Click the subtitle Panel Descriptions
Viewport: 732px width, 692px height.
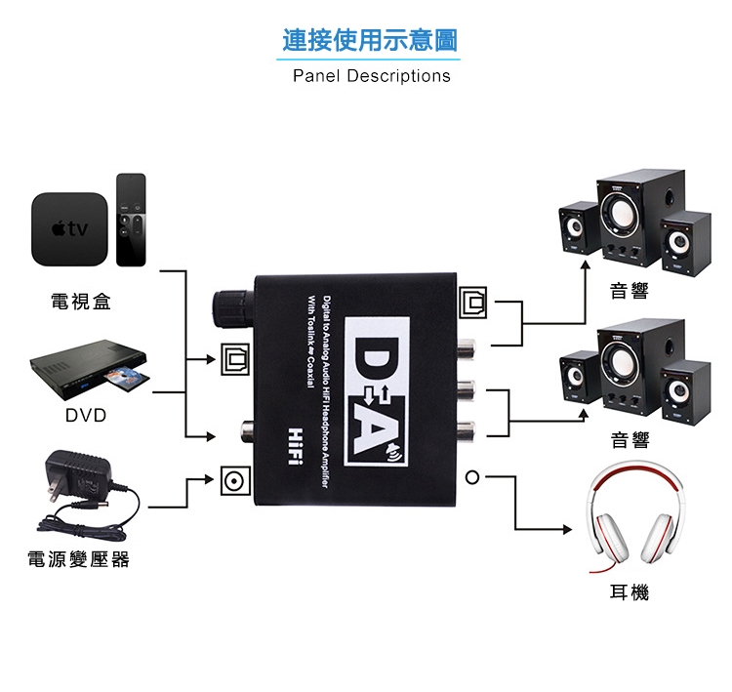click(x=372, y=75)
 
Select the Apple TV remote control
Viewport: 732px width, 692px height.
click(x=130, y=220)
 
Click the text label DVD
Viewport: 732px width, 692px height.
click(x=86, y=416)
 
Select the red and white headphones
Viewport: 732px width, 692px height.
click(x=631, y=523)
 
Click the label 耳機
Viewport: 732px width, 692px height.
click(x=629, y=592)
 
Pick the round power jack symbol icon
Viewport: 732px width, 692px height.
click(x=233, y=479)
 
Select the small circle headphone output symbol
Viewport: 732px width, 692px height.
click(x=472, y=478)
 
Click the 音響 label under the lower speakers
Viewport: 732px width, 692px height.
click(x=629, y=440)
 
